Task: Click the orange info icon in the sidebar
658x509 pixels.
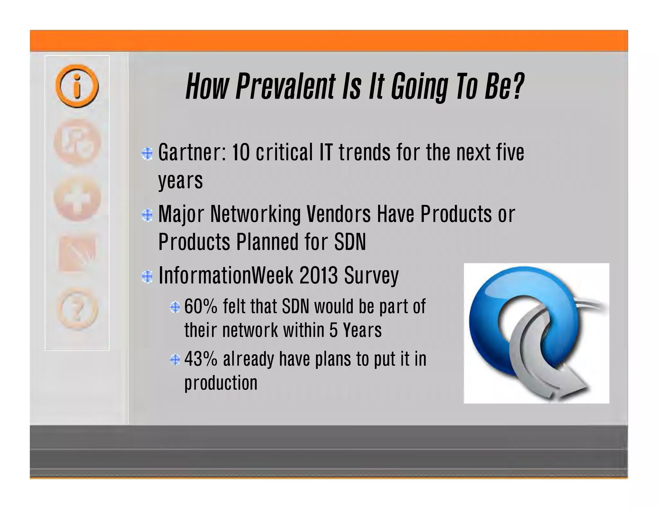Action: [77, 86]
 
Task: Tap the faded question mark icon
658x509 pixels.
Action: [77, 309]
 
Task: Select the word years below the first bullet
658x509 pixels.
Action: [180, 181]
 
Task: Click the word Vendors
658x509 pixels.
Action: [338, 214]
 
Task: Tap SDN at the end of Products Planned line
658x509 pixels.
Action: [350, 242]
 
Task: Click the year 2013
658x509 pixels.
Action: [318, 275]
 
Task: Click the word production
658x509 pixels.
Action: [221, 383]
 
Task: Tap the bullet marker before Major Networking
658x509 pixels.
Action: [147, 215]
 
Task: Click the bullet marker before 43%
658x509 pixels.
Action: [175, 359]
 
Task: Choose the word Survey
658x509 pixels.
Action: [371, 275]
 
